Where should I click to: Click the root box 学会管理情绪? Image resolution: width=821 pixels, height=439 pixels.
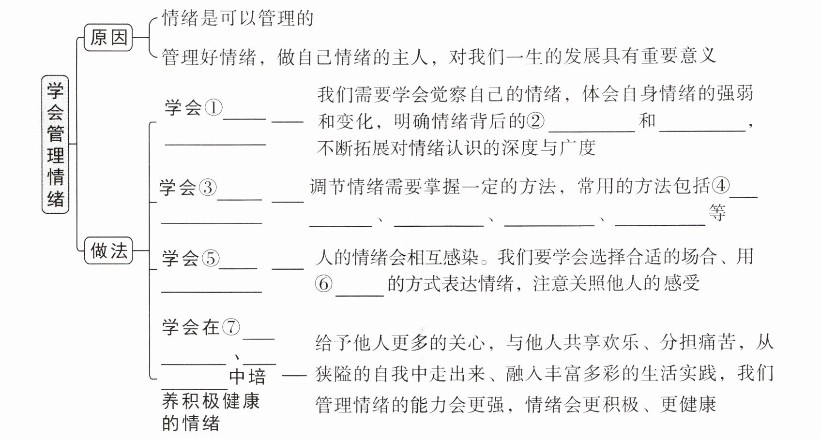[x=56, y=144]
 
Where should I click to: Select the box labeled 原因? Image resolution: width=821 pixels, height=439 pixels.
[x=109, y=37]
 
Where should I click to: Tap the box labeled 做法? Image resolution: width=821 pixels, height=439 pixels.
[x=109, y=250]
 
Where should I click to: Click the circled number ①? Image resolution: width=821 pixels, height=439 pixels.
[x=213, y=107]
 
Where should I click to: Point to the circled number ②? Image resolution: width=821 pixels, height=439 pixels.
[x=535, y=121]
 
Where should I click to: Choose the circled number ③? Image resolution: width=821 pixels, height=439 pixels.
[x=207, y=187]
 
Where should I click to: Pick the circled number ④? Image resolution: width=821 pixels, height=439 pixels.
[x=720, y=186]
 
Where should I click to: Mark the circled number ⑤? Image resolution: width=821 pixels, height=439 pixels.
[x=210, y=258]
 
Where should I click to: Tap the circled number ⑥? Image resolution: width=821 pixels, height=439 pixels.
[x=324, y=283]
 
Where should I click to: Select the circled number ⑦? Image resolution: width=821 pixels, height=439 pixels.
[x=231, y=327]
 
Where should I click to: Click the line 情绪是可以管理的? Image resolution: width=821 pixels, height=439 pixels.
[x=238, y=19]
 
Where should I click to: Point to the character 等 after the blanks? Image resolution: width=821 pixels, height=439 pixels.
[x=717, y=213]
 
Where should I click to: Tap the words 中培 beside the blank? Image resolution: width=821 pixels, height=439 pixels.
[x=247, y=377]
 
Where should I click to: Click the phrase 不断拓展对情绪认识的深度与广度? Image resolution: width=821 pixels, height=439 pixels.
[x=456, y=148]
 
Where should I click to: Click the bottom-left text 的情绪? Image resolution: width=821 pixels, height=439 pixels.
[x=191, y=424]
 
